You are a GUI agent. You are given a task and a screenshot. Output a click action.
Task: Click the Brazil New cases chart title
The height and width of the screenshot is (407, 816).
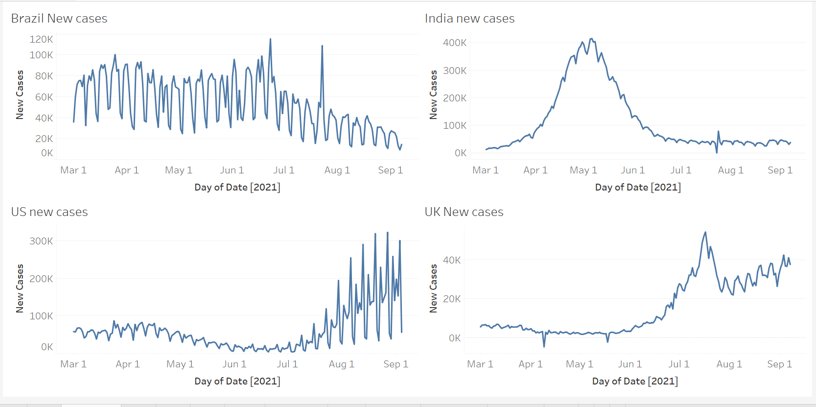click(59, 19)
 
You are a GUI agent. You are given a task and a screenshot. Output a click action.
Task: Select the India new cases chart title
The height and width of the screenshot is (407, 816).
click(469, 19)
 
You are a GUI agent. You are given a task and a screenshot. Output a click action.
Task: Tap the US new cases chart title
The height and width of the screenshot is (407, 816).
click(49, 212)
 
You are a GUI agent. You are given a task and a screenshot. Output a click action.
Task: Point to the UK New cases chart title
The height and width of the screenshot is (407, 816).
click(464, 212)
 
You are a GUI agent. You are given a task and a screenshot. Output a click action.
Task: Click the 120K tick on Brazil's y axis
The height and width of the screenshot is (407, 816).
click(41, 39)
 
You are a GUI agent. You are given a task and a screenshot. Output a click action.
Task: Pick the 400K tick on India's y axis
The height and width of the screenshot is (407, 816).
click(455, 43)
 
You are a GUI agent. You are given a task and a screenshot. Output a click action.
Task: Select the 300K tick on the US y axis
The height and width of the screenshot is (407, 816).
click(41, 241)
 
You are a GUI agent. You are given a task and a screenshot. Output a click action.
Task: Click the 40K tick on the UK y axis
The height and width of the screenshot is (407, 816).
click(452, 260)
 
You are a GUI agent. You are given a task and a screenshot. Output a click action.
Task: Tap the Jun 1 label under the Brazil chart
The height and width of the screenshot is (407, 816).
click(232, 170)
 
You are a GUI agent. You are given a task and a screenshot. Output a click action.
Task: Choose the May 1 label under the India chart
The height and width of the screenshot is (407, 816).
click(583, 170)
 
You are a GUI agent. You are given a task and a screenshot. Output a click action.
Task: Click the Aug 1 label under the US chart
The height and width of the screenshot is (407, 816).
click(341, 364)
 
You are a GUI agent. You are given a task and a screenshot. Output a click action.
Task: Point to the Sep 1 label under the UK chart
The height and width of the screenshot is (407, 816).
click(779, 364)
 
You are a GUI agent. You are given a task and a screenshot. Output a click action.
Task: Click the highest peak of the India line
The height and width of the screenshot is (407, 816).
click(591, 39)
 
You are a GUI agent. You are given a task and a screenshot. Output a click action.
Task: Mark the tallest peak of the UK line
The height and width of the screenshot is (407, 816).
click(705, 232)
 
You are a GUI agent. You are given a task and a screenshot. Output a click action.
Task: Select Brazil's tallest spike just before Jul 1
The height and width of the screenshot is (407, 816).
click(270, 39)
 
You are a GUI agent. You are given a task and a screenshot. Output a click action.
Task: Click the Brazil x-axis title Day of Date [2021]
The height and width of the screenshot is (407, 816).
click(237, 187)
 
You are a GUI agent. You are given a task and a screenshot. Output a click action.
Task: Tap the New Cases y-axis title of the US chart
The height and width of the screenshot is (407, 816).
click(20, 288)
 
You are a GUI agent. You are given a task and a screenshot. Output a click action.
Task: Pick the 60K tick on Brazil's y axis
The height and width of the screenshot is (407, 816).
click(44, 97)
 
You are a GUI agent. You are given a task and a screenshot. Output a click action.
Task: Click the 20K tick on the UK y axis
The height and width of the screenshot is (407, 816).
click(452, 299)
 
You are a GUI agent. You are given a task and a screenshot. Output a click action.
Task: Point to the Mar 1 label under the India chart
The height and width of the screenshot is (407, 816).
click(485, 170)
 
